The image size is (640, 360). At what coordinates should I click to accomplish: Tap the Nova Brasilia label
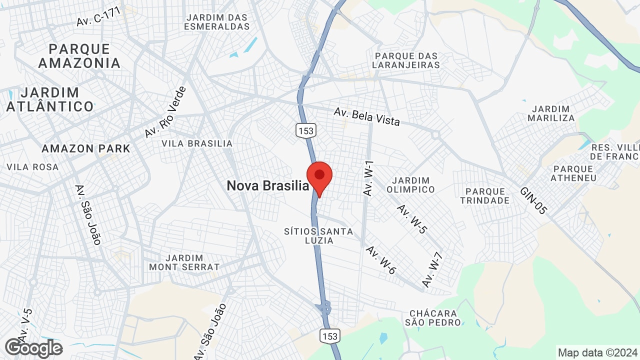coord(268,186)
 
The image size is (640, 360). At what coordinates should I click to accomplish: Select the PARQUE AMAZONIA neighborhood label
coord(79,56)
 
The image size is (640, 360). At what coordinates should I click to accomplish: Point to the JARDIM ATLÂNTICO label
coord(50,99)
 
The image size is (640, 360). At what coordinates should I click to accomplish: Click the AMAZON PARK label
coord(85,148)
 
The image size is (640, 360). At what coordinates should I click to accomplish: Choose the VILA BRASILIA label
coord(197,143)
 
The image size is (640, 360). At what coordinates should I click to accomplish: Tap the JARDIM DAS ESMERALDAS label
coord(216,22)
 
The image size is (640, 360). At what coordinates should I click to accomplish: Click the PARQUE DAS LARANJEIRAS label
coord(407,60)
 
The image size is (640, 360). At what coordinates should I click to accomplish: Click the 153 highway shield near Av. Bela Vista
coord(305,130)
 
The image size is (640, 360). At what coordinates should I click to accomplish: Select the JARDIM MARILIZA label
coord(551,113)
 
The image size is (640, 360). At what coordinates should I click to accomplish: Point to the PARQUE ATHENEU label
coord(573,173)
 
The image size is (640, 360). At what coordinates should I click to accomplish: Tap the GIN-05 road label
coord(533,200)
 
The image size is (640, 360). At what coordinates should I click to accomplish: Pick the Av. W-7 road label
coord(433,270)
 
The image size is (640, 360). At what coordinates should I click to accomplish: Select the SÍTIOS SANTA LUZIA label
coord(318,236)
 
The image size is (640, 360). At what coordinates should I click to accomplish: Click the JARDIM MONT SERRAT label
coord(184,262)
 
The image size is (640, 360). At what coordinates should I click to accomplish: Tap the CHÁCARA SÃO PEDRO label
coord(433,318)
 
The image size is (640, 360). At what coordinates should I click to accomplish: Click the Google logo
coord(33,348)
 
